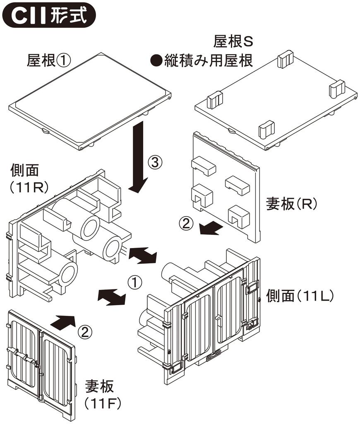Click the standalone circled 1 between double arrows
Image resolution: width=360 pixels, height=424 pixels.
click(x=134, y=282)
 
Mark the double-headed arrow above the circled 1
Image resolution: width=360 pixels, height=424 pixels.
click(x=143, y=254)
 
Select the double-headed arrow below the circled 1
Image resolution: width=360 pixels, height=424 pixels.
click(x=111, y=297)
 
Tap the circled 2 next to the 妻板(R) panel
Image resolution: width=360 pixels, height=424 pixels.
click(x=186, y=224)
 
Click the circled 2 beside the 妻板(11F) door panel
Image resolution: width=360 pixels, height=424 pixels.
click(x=84, y=331)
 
